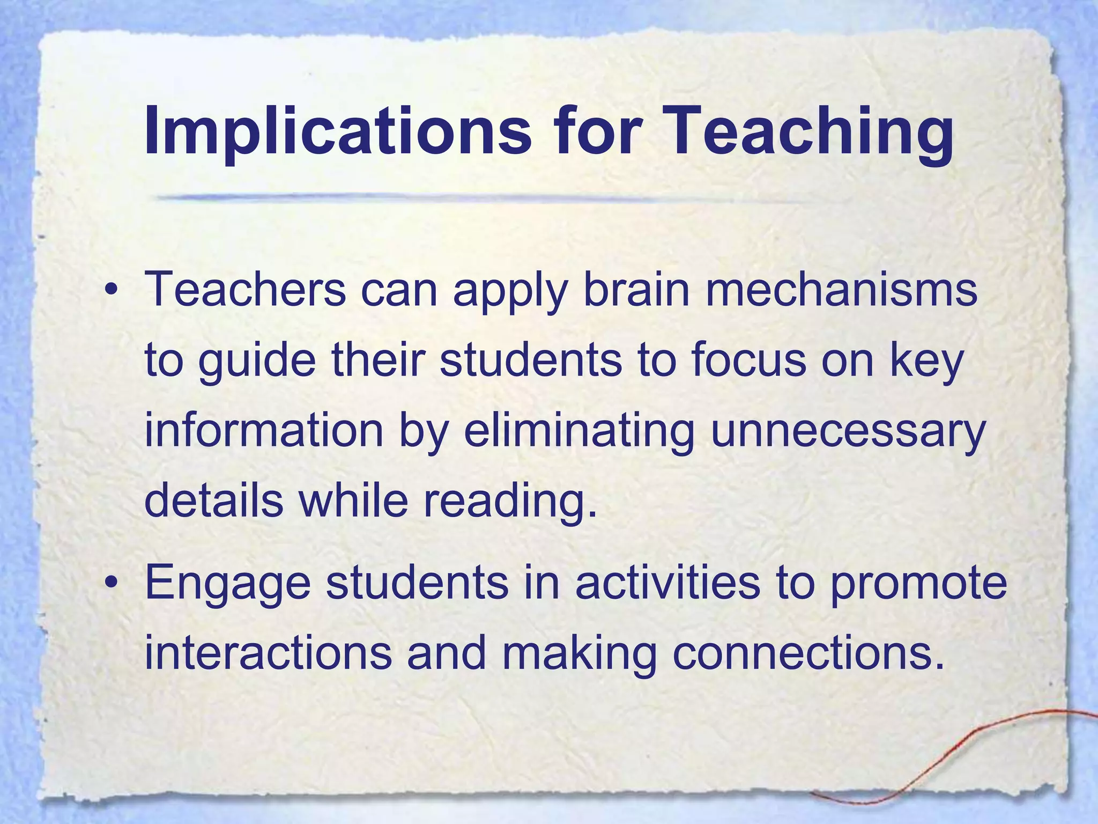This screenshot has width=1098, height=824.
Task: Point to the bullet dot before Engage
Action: point(111,583)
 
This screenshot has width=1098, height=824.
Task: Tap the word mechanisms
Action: point(841,290)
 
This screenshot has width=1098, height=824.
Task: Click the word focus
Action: point(748,360)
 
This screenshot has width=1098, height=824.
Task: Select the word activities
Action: point(667,583)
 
